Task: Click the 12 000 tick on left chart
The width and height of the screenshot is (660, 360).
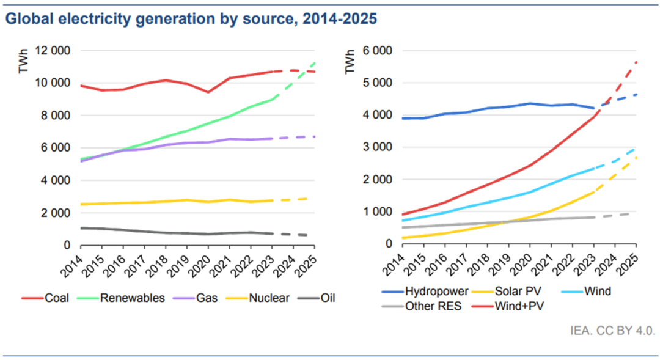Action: tap(53, 51)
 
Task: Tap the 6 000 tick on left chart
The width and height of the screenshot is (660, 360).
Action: tap(57, 148)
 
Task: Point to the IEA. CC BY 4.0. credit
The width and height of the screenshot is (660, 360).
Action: tap(612, 331)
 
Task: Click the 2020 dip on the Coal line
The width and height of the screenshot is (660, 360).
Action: tap(209, 92)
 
